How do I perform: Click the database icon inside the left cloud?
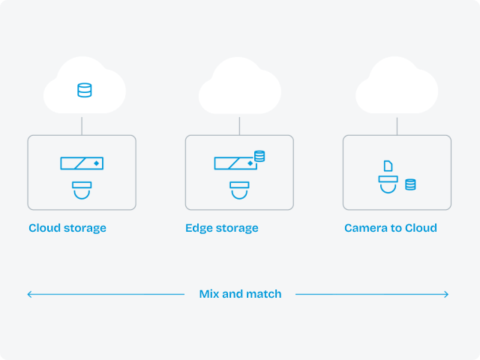(85, 91)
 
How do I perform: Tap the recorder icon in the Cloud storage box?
(82, 163)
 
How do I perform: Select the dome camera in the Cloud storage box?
(82, 189)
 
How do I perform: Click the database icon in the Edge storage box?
(259, 156)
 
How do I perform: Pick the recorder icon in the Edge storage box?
(235, 163)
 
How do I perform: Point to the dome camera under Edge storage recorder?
(239, 189)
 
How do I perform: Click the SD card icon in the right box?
(388, 166)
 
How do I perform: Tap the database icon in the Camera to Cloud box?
(410, 184)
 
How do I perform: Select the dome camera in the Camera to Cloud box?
(388, 183)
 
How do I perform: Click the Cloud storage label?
(67, 228)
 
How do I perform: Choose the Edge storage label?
(222, 228)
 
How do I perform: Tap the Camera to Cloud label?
(391, 228)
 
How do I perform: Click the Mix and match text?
(240, 294)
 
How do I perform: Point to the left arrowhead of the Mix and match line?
(30, 294)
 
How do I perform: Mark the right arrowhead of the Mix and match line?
(446, 294)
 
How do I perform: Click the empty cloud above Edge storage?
(239, 88)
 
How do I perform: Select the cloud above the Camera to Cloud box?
(397, 88)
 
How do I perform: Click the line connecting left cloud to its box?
(82, 125)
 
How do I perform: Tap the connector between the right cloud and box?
(397, 125)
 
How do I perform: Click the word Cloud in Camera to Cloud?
(420, 228)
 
